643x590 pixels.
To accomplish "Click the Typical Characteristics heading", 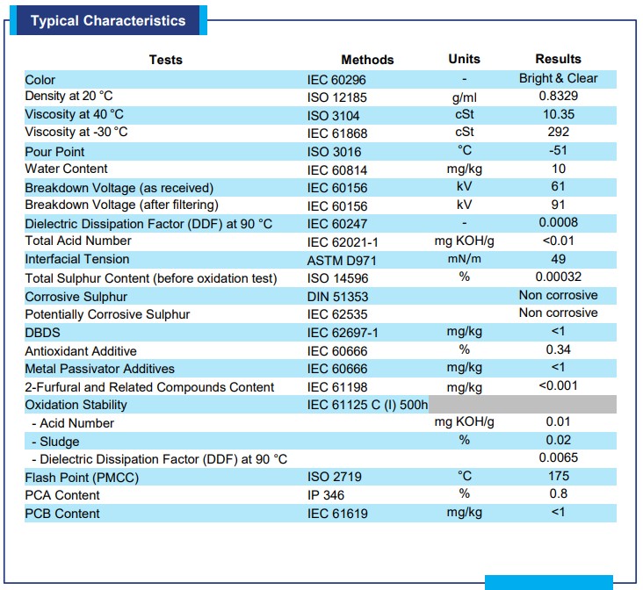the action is pos(108,20).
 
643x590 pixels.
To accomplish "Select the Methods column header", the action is pos(367,60).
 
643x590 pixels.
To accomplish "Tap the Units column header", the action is pos(464,59).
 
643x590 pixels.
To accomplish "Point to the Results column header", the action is pos(558,59).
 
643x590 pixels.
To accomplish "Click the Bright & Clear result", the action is pos(558,78).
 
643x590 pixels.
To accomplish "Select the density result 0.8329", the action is pos(558,96).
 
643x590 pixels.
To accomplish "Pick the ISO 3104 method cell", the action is pos(334,116).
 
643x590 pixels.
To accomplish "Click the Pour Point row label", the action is pos(54,152).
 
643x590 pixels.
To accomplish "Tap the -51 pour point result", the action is pos(558,150).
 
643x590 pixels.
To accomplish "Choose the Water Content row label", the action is pos(66,169).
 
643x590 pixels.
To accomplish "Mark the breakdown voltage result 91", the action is pos(558,205).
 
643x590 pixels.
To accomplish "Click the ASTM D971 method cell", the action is pos(342,261).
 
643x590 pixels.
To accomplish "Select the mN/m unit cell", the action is pos(464,259).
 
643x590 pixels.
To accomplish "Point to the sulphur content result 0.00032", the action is pos(558,277).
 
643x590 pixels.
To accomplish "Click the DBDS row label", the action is pos(42,333).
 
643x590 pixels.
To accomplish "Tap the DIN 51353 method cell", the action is pos(338,297).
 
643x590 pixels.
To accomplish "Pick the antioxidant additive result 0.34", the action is pos(558,349).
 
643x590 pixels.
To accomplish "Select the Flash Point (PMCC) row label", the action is pos(82,478).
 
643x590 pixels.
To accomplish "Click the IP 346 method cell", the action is pos(326,495).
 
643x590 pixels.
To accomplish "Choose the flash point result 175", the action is pos(558,476).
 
